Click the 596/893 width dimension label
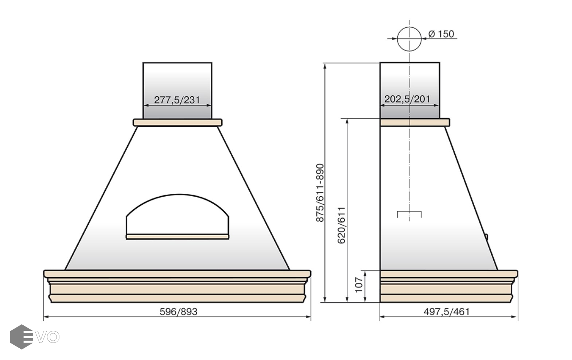pyautogui.click(x=179, y=312)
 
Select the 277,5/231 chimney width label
pyautogui.click(x=177, y=100)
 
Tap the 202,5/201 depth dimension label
pyautogui.click(x=407, y=99)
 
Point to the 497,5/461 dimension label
pyautogui.click(x=447, y=312)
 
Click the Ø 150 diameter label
pyautogui.click(x=441, y=34)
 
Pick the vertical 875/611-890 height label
pyautogui.click(x=320, y=193)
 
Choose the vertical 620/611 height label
pyautogui.click(x=341, y=225)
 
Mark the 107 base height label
pyautogui.click(x=359, y=284)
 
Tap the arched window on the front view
pyautogui.click(x=178, y=195)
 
